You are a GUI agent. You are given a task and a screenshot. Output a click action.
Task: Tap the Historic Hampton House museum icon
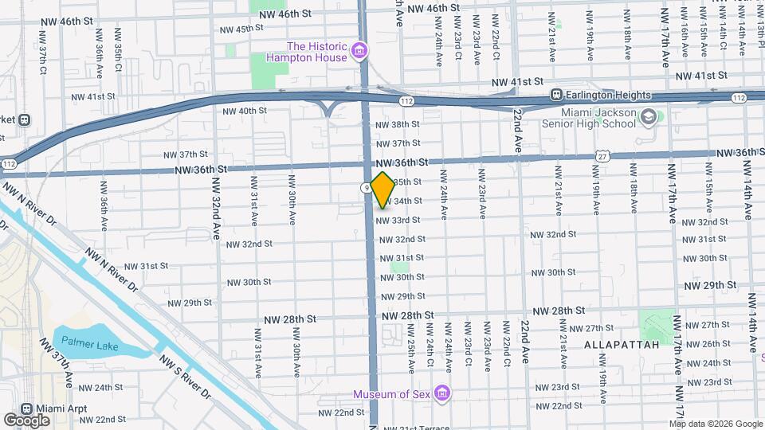tap(360, 52)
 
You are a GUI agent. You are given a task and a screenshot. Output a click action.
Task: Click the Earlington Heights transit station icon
tap(558, 96)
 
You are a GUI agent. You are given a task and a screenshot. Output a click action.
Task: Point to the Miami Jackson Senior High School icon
tap(649, 117)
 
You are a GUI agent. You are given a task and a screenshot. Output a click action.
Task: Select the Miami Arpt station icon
tap(27, 408)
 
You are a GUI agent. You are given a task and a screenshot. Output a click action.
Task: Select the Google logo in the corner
tap(27, 420)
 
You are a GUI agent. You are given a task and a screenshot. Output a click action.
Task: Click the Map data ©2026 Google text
tap(714, 423)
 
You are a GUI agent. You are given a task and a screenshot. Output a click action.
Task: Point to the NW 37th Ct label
tap(43, 53)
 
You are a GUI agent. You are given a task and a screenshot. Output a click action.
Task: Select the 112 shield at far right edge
tap(738, 97)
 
